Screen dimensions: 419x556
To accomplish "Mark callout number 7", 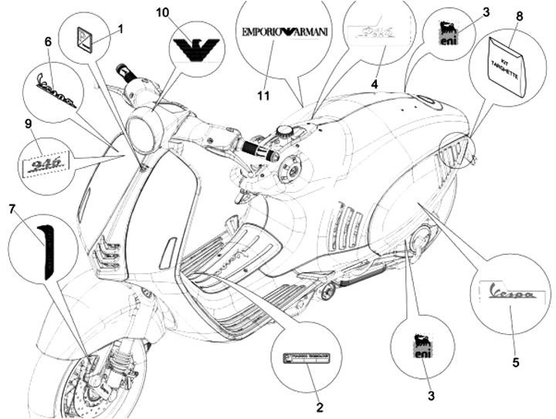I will [x=12, y=209].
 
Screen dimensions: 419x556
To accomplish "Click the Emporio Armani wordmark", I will [x=285, y=32].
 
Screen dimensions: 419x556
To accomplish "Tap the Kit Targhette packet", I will [x=507, y=66].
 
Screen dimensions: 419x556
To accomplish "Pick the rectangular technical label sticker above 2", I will [x=307, y=358].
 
